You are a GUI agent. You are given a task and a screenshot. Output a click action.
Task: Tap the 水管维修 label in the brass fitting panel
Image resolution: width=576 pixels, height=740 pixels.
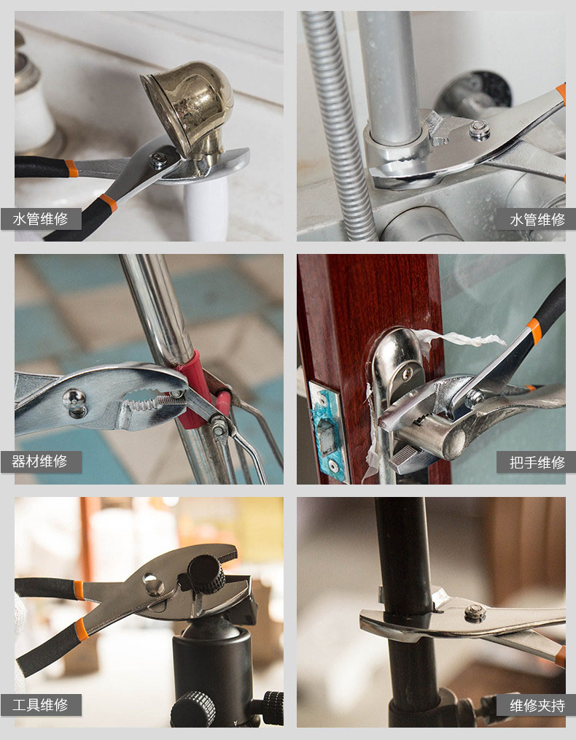coord(41,219)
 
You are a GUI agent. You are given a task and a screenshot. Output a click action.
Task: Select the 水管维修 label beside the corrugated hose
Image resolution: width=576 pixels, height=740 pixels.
coord(537,220)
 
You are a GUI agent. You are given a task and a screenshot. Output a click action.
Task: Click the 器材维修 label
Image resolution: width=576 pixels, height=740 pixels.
coord(40,461)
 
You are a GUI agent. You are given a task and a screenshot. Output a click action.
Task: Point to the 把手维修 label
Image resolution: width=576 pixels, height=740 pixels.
coord(537,463)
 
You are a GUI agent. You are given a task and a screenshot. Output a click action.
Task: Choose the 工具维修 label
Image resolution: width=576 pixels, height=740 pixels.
coord(41,705)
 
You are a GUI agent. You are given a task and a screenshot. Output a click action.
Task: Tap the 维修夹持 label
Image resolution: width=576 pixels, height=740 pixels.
coord(537,706)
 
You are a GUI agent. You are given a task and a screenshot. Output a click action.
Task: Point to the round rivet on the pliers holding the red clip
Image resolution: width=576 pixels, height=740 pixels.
coord(75,403)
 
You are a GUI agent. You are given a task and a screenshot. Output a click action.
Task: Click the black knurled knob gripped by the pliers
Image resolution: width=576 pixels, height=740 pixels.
coord(207,574)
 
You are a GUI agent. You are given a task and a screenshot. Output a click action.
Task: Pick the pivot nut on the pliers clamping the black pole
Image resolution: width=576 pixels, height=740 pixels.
coord(475,612)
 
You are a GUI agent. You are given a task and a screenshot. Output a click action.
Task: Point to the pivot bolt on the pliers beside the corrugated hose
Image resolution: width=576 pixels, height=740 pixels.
coord(479,130)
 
